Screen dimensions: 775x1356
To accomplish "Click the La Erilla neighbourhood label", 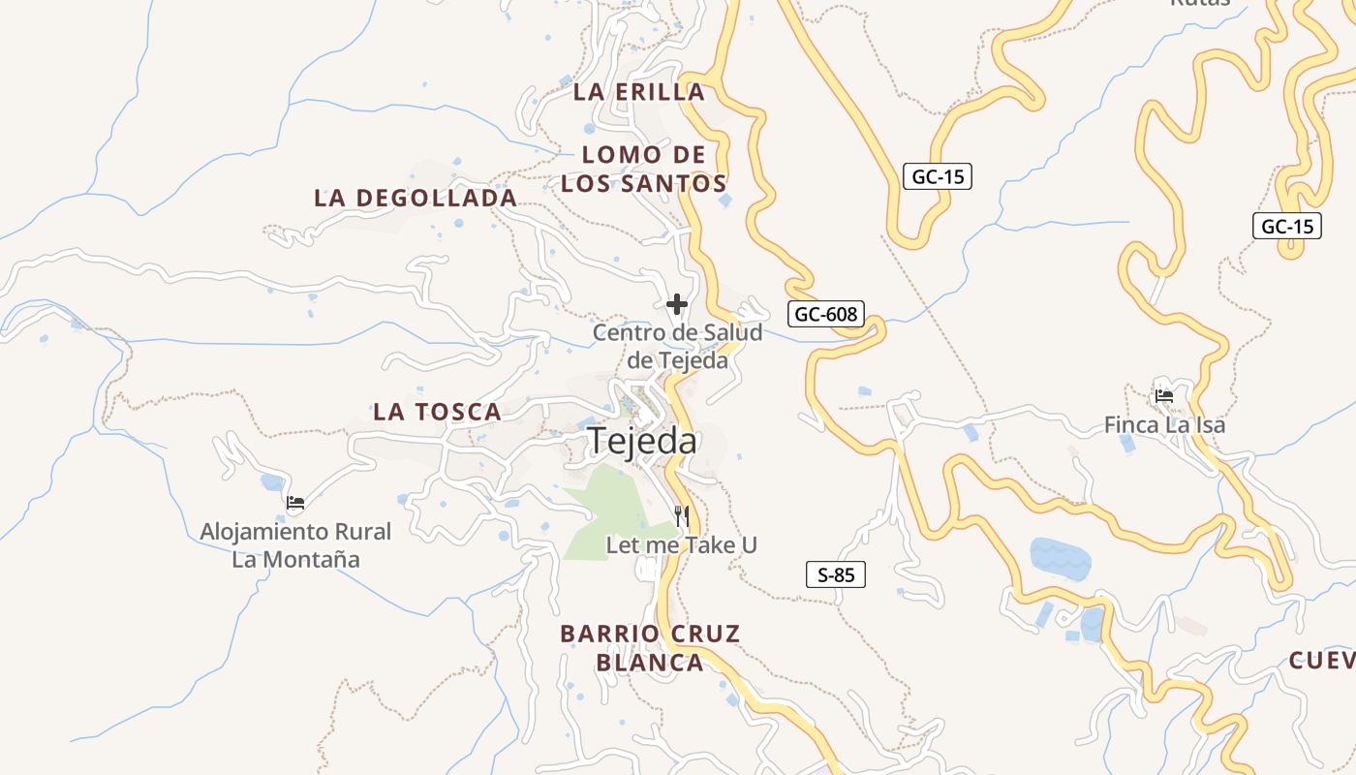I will coord(638,92).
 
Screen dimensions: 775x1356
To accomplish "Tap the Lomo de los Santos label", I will coord(644,169).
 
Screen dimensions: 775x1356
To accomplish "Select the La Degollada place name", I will coord(416,198).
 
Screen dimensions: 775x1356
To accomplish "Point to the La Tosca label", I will coord(437,412).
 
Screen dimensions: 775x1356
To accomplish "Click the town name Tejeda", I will coord(642,441).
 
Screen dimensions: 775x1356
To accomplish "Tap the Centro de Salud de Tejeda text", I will coord(677,346).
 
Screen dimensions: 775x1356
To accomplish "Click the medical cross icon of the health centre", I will coord(677,305).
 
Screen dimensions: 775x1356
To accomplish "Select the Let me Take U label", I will coord(681,545).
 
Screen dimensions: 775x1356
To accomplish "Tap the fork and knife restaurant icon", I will coord(682,515).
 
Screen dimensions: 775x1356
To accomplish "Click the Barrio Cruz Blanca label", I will coord(650,648).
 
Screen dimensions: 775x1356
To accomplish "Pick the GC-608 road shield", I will coord(825,314).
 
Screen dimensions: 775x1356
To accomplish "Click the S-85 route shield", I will coord(836,575).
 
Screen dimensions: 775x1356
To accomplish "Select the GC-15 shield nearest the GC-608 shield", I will coord(938,177).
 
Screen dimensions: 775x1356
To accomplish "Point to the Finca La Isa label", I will coord(1164,424).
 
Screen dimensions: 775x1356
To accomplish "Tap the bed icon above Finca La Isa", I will coord(1164,396).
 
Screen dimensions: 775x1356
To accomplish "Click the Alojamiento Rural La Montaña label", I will coord(295,544).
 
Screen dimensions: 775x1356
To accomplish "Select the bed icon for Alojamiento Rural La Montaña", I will coord(295,503).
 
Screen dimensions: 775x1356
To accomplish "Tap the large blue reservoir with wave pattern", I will coord(1060,558).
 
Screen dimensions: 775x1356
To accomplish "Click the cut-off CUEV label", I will coord(1322,661).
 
